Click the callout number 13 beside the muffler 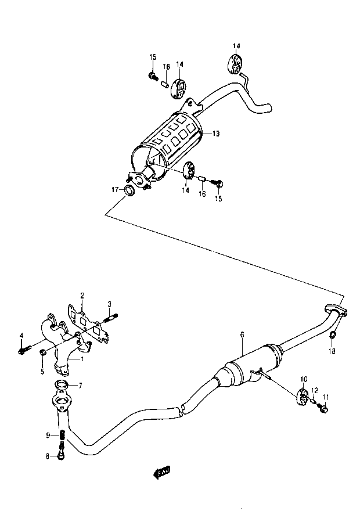[x=215, y=134]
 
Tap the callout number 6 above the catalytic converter [x=242, y=334]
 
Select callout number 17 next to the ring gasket [x=116, y=189]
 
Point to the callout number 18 [x=332, y=351]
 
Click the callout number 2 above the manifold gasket [x=82, y=296]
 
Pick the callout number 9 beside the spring [x=48, y=435]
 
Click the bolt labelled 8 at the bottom [x=61, y=455]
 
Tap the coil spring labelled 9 [x=63, y=435]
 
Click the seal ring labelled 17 [x=129, y=190]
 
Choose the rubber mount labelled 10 [x=303, y=397]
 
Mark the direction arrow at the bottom [x=161, y=472]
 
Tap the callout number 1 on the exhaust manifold [x=82, y=359]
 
